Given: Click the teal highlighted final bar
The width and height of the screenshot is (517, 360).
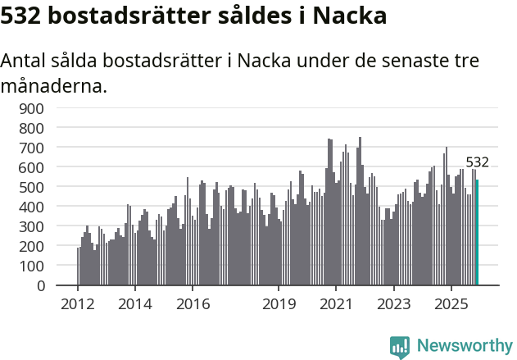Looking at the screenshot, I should [x=477, y=233].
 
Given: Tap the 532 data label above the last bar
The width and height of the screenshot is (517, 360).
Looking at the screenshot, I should [x=477, y=162].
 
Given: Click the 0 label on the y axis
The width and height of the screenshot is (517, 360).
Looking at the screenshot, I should [x=40, y=285].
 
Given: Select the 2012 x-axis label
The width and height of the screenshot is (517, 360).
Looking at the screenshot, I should [x=78, y=304].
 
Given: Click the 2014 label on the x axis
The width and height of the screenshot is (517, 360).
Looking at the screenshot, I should [x=135, y=304].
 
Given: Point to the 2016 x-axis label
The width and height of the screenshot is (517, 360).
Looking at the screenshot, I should [x=193, y=304].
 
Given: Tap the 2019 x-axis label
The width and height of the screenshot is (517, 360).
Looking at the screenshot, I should [x=279, y=304].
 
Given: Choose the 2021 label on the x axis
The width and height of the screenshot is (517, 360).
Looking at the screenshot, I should [x=336, y=304].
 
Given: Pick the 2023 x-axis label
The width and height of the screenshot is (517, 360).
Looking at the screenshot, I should [x=393, y=304].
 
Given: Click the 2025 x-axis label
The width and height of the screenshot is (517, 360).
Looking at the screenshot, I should [x=451, y=304].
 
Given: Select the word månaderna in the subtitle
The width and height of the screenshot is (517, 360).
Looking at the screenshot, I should [x=53, y=84].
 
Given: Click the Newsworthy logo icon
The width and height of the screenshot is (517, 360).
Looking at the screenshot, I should [x=400, y=347].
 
